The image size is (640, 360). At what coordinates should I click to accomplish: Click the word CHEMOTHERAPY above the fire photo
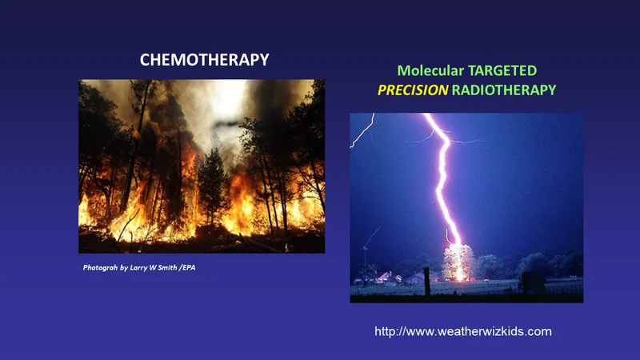[x=204, y=59]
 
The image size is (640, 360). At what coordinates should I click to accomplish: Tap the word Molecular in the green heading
[x=430, y=70]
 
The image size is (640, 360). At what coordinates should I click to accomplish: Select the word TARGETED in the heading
[x=502, y=70]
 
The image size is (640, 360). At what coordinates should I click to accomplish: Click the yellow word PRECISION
[x=413, y=90]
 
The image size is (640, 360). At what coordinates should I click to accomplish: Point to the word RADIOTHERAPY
[x=504, y=90]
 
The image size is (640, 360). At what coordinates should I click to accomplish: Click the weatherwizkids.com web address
[x=463, y=331]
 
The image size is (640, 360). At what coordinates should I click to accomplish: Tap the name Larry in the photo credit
[x=138, y=268]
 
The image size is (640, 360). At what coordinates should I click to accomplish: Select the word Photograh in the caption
[x=100, y=268]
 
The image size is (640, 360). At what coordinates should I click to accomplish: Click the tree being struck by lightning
[x=459, y=262]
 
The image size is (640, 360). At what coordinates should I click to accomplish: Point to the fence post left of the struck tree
[x=427, y=282]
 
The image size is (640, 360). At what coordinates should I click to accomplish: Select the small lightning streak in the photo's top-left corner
[x=363, y=131]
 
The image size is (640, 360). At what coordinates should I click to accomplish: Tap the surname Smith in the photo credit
[x=167, y=268]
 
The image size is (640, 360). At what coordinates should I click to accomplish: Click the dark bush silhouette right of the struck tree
[x=533, y=282]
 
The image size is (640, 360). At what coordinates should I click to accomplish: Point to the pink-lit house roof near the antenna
[x=385, y=277]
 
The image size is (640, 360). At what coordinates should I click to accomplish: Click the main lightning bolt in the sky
[x=444, y=179]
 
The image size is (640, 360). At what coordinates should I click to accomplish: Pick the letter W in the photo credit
[x=152, y=268]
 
